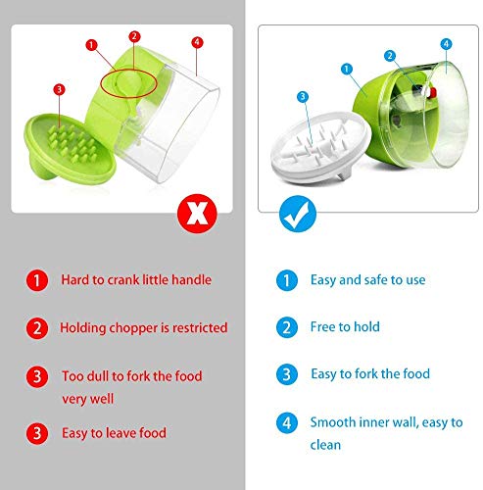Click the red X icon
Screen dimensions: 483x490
(197, 214)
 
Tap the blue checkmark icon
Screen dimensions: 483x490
(298, 214)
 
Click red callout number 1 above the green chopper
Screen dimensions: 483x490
(91, 45)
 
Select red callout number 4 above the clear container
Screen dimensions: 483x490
(197, 42)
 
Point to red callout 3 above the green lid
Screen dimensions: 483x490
(59, 89)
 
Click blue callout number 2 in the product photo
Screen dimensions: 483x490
(390, 56)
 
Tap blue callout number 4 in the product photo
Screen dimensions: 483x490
(446, 44)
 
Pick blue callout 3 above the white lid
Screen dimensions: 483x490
(303, 97)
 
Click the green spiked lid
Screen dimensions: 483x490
(70, 148)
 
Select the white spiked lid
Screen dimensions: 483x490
(321, 147)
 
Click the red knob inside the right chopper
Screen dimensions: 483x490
(432, 93)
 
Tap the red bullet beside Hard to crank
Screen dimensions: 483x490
(37, 280)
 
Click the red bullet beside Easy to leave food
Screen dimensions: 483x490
(37, 433)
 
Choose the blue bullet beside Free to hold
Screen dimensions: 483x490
(287, 327)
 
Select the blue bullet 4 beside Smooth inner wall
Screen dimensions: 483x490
(287, 423)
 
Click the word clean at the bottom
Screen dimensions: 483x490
(325, 445)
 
